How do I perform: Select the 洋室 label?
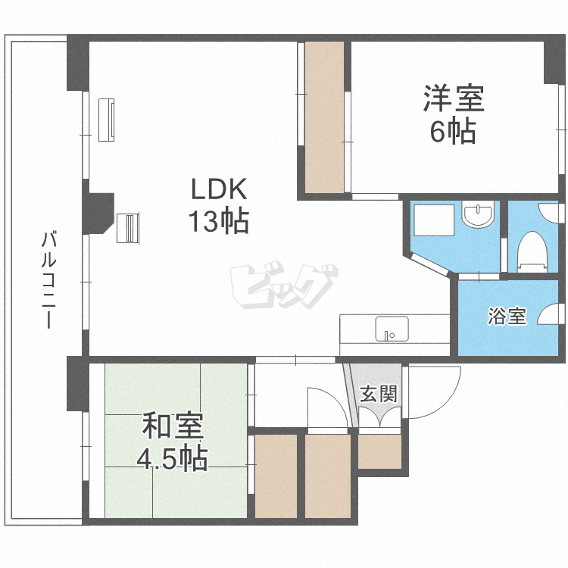coord(453,99)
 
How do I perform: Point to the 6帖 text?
coord(453,132)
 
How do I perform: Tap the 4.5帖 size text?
coord(173,459)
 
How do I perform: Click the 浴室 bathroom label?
coord(507,317)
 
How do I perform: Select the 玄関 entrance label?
coord(377,394)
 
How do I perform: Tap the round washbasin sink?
coord(478,216)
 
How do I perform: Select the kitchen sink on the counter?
coord(392,329)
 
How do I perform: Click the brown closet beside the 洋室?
coord(324,117)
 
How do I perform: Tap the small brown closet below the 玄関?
coord(379,452)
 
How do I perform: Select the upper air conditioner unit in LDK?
coord(108,119)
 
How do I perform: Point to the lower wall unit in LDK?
coord(128,227)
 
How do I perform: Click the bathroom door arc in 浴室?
coord(551,315)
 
